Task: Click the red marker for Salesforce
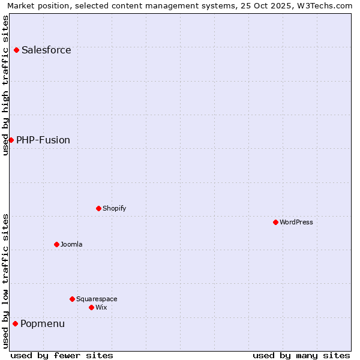(x=16, y=50)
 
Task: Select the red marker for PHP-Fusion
(x=11, y=140)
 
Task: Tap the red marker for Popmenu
(x=15, y=323)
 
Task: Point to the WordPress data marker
(x=275, y=222)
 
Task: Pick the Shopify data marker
(x=98, y=208)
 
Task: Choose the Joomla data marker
(x=56, y=244)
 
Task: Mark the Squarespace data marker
(x=72, y=299)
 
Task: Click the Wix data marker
(x=91, y=307)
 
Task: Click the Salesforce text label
(x=46, y=50)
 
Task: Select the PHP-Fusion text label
(x=43, y=140)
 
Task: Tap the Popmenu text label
(x=43, y=324)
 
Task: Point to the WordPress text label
(x=296, y=222)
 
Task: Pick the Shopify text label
(x=114, y=208)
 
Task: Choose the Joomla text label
(x=71, y=244)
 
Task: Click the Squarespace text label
(x=97, y=299)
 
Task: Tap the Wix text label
(x=101, y=307)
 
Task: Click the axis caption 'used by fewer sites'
(x=62, y=355)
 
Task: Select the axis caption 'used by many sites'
(x=301, y=355)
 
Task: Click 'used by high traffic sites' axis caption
(x=5, y=85)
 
